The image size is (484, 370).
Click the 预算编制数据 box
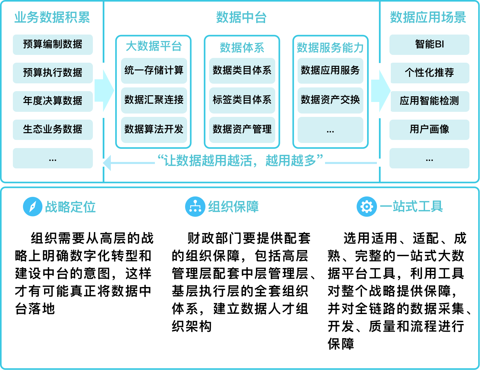coord(53,44)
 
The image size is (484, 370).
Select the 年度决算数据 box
coord(53,101)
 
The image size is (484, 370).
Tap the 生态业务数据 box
coord(53,129)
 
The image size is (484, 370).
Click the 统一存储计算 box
coord(154,70)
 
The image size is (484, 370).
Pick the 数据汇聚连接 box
coord(154,100)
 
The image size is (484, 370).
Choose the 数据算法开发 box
coord(154,129)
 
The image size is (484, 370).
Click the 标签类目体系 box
coord(242,100)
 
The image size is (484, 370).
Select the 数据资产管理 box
coord(242,129)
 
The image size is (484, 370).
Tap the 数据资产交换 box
coord(330,100)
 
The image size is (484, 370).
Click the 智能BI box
coord(429,44)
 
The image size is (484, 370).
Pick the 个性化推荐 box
coord(430,73)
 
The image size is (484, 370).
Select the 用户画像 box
coord(429,129)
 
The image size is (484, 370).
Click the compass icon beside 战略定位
coord(33,206)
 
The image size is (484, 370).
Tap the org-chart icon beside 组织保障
coord(195,206)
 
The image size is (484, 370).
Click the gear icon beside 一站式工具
coord(367,206)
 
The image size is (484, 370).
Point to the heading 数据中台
coord(241,17)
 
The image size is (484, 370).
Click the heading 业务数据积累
coord(52,17)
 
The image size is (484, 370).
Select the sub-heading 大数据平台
coord(154,46)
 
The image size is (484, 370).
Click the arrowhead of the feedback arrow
coord(107,163)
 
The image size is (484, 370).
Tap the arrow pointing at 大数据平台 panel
coord(104,90)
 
